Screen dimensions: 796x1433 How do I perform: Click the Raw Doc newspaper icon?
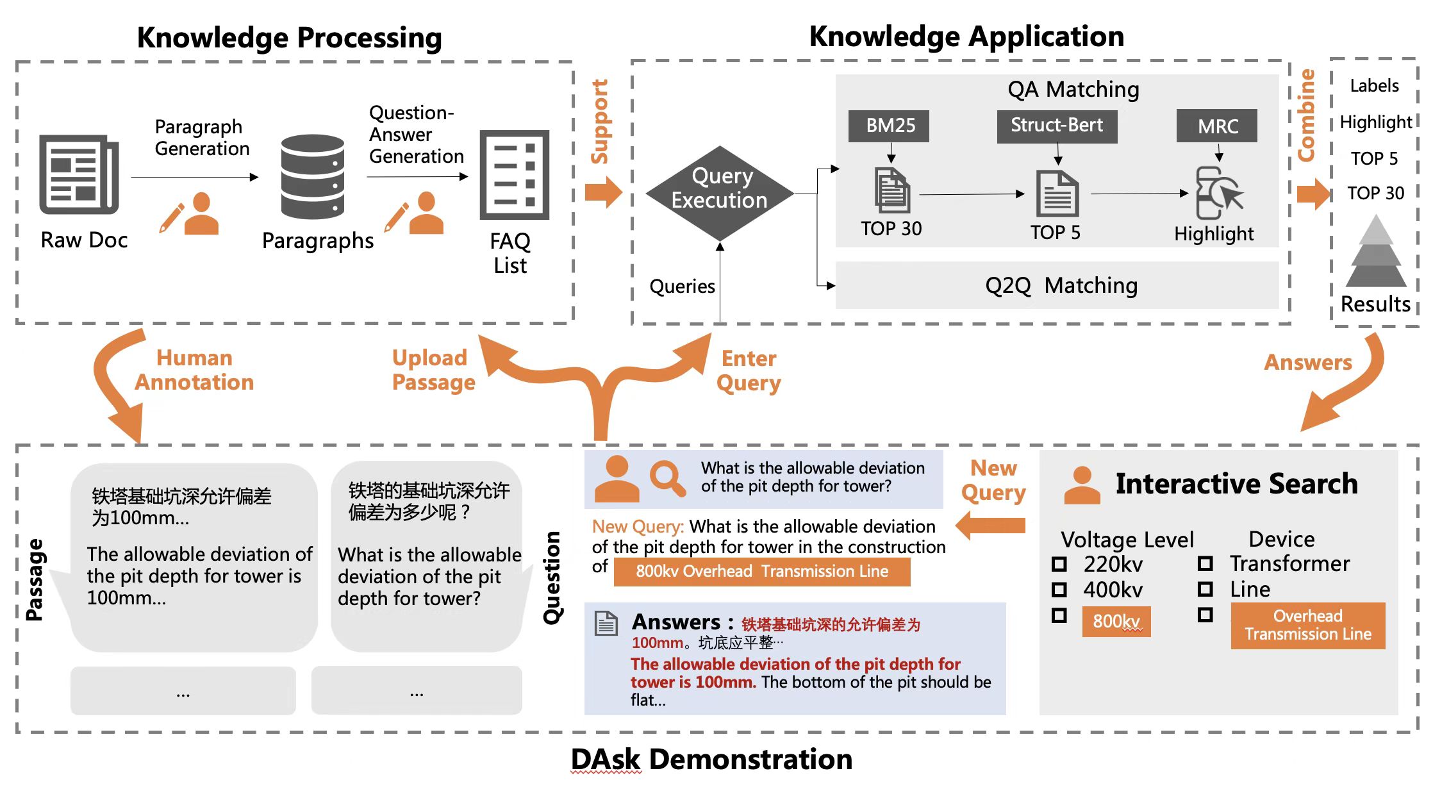pos(79,174)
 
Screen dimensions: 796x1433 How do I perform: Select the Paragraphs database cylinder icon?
pos(312,176)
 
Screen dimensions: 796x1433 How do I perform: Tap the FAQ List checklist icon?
pos(514,174)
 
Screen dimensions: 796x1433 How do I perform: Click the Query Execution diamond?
pos(719,193)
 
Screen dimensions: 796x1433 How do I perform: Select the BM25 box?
pos(890,126)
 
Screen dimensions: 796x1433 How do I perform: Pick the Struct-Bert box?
pos(1057,126)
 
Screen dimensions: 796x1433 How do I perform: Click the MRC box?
pos(1217,126)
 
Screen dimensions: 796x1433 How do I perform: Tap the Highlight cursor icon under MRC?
pos(1218,192)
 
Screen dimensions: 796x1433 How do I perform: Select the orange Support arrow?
pos(603,192)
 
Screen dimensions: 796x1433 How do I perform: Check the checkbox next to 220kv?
pos(1059,564)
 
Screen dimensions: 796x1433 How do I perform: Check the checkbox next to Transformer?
pos(1205,563)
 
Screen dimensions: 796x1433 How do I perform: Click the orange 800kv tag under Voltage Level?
pos(1116,621)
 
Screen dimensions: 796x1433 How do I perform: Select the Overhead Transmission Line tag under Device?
pos(1307,625)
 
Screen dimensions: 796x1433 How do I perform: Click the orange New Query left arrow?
pos(990,526)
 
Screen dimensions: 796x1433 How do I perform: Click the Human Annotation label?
pos(194,370)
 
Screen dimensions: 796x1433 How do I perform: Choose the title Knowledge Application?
pos(966,37)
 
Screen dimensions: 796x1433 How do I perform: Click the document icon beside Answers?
pos(606,623)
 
